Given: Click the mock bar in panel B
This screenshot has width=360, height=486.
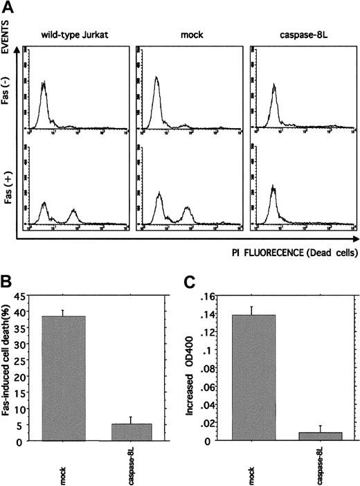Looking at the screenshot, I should [x=64, y=378].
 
